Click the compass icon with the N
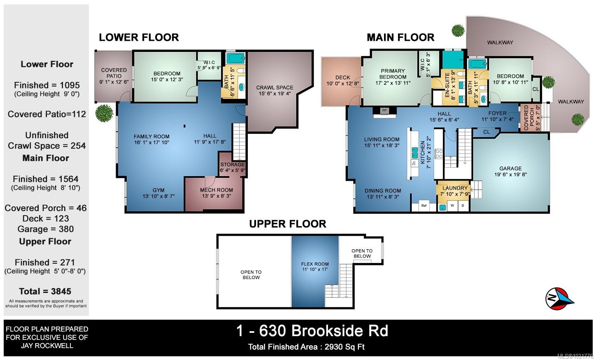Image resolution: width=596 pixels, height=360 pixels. (x=559, y=298)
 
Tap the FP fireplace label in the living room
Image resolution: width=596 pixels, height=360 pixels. (x=384, y=111)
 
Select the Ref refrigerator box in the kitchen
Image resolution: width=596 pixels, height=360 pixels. (x=424, y=205)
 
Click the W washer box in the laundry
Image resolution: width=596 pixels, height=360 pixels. (x=452, y=205)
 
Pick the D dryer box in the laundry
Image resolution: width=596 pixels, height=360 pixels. (x=463, y=205)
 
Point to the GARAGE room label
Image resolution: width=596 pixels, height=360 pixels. (x=510, y=169)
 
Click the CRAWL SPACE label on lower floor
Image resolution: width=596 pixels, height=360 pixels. (x=275, y=88)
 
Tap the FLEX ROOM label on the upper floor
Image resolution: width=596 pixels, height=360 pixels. (x=315, y=264)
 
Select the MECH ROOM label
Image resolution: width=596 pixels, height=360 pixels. (x=217, y=190)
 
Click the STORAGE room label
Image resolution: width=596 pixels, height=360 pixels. (x=233, y=165)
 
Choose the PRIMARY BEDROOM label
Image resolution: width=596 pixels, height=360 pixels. (x=393, y=74)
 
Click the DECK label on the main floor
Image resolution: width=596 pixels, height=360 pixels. (x=342, y=77)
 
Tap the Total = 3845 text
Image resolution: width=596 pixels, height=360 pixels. (x=45, y=291)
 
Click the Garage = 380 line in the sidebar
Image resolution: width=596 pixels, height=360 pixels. (x=46, y=229)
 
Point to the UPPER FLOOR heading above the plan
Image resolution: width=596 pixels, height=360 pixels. (x=287, y=224)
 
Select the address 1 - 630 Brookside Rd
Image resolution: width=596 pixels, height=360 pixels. (x=312, y=331)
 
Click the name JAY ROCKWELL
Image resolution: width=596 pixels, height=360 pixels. (x=47, y=346)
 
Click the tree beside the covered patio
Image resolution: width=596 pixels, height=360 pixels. (x=104, y=113)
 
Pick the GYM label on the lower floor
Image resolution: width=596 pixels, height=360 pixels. (x=158, y=190)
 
